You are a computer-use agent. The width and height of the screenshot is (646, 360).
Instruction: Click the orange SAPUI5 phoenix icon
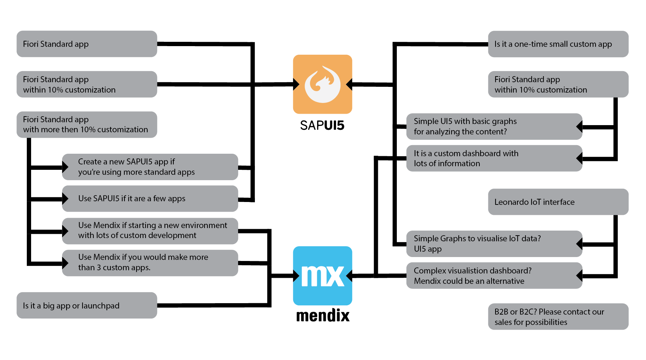tap(322, 84)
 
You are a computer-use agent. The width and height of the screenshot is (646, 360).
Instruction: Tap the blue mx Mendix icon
tap(322, 276)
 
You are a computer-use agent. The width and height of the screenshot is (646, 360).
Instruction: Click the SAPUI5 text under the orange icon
tap(322, 125)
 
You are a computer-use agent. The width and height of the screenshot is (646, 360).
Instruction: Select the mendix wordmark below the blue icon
tap(323, 316)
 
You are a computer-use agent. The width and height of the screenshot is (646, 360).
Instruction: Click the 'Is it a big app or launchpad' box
tap(87, 305)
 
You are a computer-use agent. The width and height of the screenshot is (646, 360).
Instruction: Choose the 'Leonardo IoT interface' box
tap(558, 202)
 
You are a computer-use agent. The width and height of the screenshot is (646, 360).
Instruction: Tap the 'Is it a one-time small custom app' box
tap(558, 44)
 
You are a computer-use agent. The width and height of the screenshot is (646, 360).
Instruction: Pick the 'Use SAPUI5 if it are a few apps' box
tap(150, 198)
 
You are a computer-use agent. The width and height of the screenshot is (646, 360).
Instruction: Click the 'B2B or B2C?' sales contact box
tap(558, 316)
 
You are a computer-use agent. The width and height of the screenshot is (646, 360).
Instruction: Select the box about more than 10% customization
tap(87, 124)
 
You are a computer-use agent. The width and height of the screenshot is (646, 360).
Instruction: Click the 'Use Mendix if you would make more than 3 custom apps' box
tap(150, 262)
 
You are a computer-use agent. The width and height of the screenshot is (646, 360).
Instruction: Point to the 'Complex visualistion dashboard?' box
tap(494, 276)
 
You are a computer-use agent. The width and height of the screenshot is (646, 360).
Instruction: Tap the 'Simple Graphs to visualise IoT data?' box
tap(494, 243)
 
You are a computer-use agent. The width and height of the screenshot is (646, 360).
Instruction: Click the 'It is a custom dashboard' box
tap(494, 158)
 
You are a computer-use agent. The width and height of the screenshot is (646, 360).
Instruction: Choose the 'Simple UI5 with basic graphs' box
tap(494, 126)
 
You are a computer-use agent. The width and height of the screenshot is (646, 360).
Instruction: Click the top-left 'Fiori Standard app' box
tap(87, 44)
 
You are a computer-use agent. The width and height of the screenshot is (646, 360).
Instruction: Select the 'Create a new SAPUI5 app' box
tap(150, 167)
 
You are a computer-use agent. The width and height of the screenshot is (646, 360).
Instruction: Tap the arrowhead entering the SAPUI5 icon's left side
tap(296, 84)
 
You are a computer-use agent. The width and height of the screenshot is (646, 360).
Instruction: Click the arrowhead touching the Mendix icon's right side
tap(349, 276)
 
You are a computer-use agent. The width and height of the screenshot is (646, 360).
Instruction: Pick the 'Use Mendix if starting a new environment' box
tap(150, 231)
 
